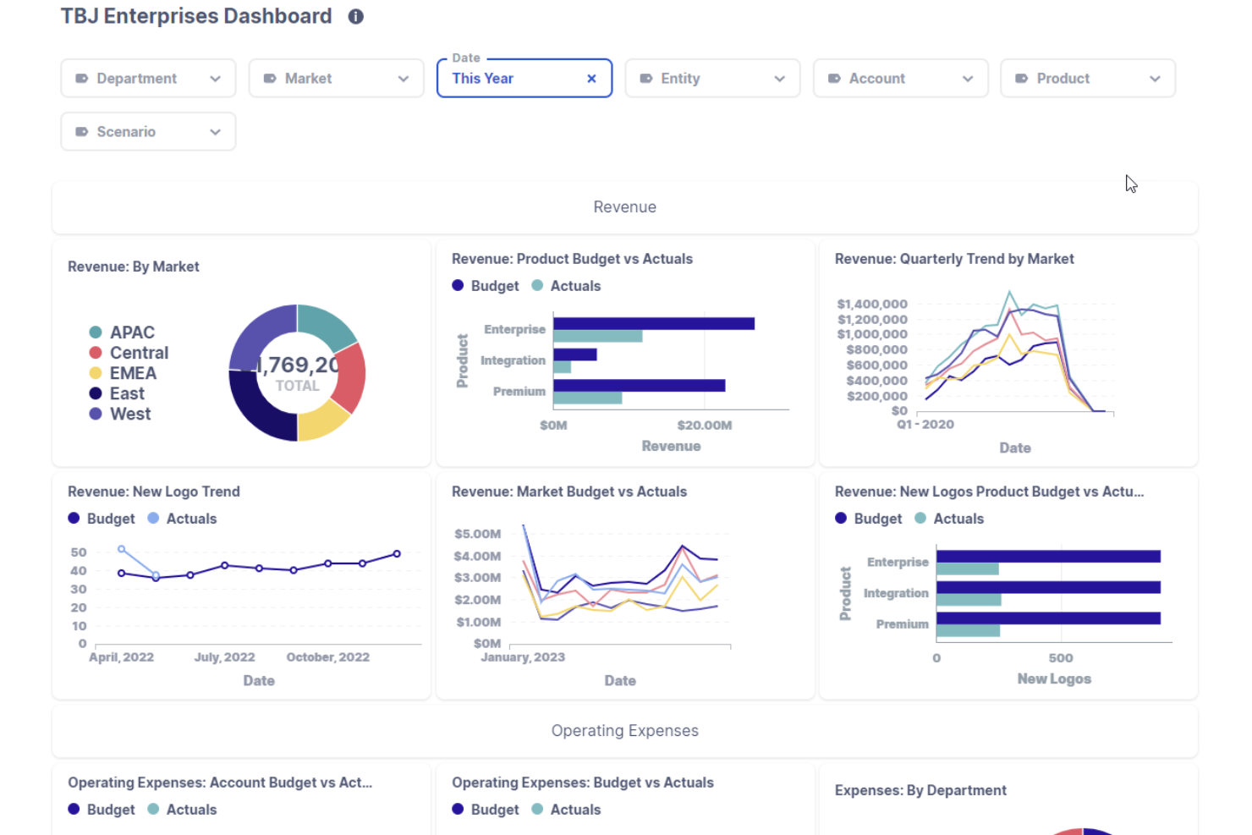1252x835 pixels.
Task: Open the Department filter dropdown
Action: pyautogui.click(x=148, y=78)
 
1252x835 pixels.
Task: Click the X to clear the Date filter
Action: pyautogui.click(x=591, y=79)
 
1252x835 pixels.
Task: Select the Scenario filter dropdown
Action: pyautogui.click(x=148, y=132)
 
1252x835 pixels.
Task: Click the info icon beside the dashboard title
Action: pyautogui.click(x=355, y=17)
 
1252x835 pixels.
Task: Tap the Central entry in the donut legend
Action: pyautogui.click(x=129, y=353)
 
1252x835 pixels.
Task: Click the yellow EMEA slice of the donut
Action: pyautogui.click(x=322, y=424)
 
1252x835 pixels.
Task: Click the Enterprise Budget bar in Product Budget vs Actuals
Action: pyautogui.click(x=654, y=324)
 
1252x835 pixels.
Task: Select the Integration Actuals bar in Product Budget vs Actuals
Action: pyautogui.click(x=563, y=367)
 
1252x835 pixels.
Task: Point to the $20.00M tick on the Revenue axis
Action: pyautogui.click(x=704, y=426)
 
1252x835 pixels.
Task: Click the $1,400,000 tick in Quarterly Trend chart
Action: pyautogui.click(x=872, y=304)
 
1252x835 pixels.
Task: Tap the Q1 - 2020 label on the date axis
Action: pyautogui.click(x=925, y=424)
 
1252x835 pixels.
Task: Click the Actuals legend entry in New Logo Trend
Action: pyautogui.click(x=182, y=519)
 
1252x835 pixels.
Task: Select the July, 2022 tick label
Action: pyautogui.click(x=224, y=657)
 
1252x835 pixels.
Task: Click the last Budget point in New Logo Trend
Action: pyautogui.click(x=397, y=554)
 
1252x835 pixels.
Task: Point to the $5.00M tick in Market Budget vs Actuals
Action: pyautogui.click(x=477, y=534)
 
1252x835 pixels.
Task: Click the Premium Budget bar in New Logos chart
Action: pyautogui.click(x=1049, y=618)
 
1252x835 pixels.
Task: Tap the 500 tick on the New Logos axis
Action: pyautogui.click(x=1061, y=658)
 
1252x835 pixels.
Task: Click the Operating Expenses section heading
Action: pyautogui.click(x=625, y=730)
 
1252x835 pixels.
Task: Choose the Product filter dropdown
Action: pyautogui.click(x=1088, y=78)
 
